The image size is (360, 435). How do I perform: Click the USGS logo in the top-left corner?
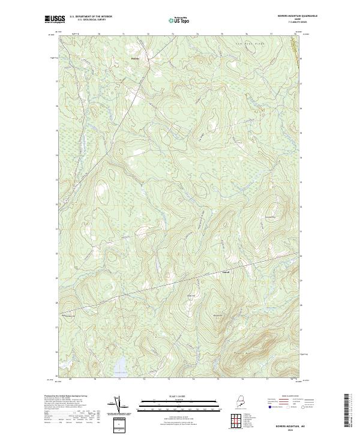pyautogui.click(x=55, y=20)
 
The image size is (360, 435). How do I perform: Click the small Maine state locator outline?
pyautogui.click(x=241, y=404)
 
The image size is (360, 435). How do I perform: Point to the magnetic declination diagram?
pyautogui.click(x=118, y=405)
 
